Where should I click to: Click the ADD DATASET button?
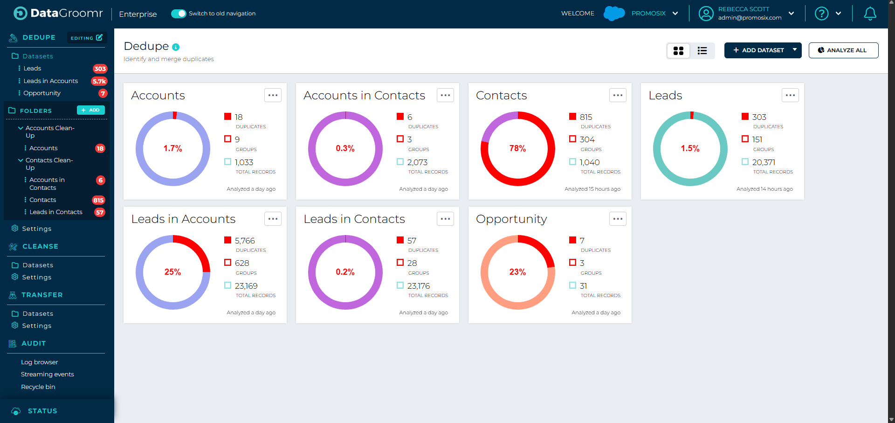[758, 50]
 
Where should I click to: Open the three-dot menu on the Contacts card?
[618, 95]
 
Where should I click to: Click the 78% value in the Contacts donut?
[517, 148]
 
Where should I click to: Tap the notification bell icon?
[870, 14]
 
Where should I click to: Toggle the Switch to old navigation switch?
[179, 14]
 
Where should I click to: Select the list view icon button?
[702, 50]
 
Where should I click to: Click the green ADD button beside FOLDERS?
[90, 110]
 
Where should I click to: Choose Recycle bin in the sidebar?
[38, 387]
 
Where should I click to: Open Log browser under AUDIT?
[39, 362]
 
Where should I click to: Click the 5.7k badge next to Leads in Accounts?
[99, 81]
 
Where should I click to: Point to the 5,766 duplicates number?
[245, 241]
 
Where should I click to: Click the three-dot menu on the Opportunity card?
[618, 219]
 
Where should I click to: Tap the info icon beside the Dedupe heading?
[176, 47]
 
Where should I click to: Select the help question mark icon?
[821, 14]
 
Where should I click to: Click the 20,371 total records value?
[764, 162]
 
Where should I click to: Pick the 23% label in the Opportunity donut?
[517, 272]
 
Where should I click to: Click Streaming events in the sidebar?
[47, 374]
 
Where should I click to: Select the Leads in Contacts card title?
[354, 219]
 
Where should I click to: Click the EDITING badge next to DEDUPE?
[87, 38]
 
